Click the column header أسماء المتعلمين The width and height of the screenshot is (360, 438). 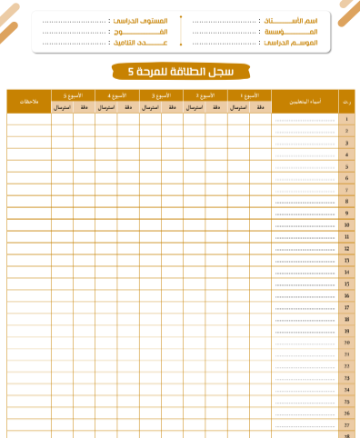(305, 101)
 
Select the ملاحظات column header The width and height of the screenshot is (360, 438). (29, 101)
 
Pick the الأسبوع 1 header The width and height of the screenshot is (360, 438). (249, 95)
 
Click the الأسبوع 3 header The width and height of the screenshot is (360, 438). (161, 95)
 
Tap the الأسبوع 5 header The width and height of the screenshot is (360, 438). (73, 95)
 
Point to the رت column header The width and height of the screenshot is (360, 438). (347, 101)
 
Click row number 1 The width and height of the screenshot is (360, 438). (347, 120)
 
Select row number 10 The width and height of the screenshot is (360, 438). (347, 224)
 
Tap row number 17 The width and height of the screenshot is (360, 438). (347, 307)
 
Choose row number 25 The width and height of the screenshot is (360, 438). (347, 401)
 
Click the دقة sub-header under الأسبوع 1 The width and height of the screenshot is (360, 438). (260, 107)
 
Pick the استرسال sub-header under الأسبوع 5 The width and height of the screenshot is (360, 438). (62, 107)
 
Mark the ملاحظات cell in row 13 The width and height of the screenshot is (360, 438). (29, 260)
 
